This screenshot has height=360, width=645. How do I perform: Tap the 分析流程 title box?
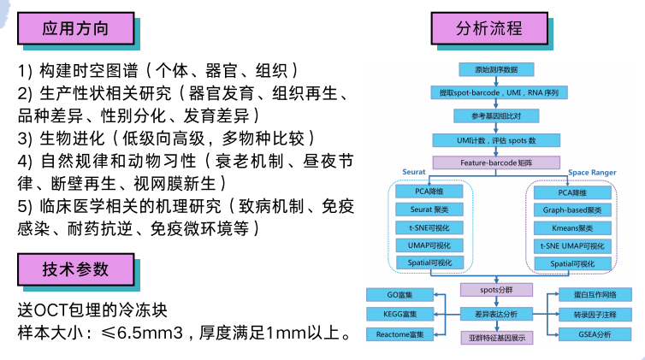pos(489,27)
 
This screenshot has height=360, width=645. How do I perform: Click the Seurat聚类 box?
pos(429,210)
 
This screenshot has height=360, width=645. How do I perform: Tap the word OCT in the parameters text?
pos(52,308)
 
